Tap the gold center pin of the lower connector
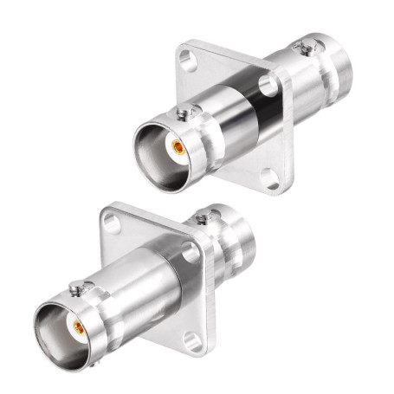click(76, 327)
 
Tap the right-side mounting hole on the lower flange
click(190, 251)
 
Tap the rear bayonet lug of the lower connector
click(203, 216)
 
